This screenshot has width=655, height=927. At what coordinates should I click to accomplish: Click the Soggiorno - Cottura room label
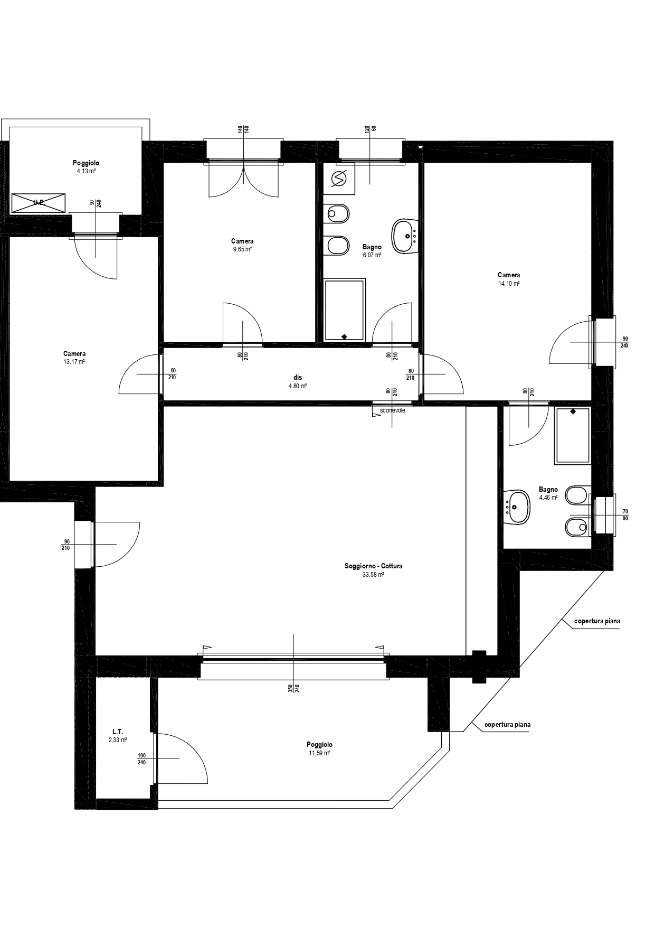point(373,566)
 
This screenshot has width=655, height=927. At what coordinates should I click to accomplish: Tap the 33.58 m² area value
point(373,575)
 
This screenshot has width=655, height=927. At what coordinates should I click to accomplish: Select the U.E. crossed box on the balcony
point(39,203)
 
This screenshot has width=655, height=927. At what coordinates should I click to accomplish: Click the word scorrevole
point(392,410)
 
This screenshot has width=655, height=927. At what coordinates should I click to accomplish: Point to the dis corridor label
point(298,378)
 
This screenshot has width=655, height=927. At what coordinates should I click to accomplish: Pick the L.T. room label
point(117,732)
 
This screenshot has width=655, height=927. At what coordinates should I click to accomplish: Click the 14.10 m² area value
point(509,284)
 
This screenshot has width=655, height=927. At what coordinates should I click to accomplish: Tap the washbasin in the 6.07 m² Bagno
point(405,236)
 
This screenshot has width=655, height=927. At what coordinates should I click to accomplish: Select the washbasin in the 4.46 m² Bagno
point(517,508)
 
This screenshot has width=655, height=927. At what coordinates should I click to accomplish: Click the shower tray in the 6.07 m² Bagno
point(345,310)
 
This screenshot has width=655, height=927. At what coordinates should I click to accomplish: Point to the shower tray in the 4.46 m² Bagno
point(572,436)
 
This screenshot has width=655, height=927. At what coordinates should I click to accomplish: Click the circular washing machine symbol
point(338,180)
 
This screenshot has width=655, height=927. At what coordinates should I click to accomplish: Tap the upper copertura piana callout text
point(597,621)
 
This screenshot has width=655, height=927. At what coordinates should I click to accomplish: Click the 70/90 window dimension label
point(625,515)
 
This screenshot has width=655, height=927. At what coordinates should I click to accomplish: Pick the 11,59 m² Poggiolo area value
point(319,753)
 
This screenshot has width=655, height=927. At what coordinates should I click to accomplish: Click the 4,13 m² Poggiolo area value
point(86,172)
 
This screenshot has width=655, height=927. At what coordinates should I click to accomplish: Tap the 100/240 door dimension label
point(141,759)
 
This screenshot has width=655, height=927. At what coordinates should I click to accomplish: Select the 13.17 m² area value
point(74,362)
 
